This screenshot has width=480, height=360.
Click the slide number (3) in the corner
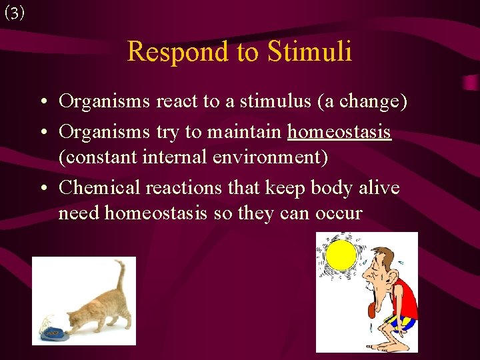coord(14,13)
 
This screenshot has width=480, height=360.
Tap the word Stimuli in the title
coord(310,51)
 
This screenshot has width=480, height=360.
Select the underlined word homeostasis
coord(339,132)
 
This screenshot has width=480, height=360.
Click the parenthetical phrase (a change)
coord(362,101)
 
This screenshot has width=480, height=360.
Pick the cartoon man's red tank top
coord(403,300)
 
